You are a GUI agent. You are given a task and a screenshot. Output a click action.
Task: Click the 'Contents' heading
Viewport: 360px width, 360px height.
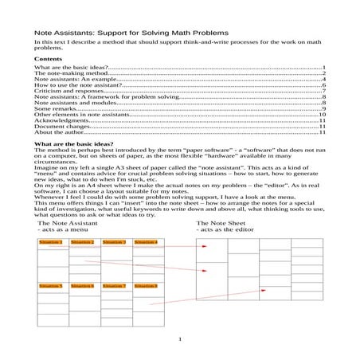[49, 59]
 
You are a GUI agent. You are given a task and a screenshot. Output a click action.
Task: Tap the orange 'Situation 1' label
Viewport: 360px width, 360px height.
[51, 242]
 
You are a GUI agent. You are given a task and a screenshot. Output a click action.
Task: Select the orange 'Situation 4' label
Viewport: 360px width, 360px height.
[146, 242]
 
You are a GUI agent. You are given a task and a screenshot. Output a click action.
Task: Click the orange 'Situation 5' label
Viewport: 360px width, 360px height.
[51, 285]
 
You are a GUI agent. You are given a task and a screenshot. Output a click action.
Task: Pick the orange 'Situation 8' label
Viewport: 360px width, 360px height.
[146, 285]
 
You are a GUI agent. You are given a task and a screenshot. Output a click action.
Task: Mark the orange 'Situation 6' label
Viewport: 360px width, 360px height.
[82, 285]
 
